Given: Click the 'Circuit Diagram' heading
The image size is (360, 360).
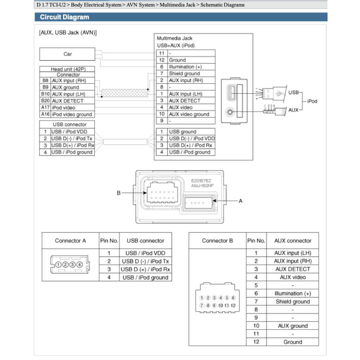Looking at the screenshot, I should (64, 17).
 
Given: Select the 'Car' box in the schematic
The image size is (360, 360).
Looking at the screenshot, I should (67, 54).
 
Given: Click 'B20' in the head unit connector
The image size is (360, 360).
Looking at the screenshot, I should (45, 101).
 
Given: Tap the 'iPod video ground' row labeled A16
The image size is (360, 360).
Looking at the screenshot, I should (72, 114).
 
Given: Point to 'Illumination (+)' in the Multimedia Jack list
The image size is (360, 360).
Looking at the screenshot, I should (186, 67).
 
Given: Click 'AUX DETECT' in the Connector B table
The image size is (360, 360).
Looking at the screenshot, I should (293, 269).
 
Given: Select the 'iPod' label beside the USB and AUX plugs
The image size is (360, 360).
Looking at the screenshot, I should (312, 101).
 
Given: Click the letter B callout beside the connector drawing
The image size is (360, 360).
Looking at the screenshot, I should (119, 193).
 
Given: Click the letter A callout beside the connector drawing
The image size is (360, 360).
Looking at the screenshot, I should (241, 201).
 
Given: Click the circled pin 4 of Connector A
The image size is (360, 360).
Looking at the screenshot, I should (80, 264).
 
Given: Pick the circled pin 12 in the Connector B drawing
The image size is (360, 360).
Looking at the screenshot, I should (233, 305).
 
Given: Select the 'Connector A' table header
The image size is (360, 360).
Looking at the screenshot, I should (70, 241).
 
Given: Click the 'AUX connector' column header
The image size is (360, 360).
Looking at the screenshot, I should (293, 241).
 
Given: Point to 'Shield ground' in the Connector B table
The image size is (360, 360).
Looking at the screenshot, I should (293, 301).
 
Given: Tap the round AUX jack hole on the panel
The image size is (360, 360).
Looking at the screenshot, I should (230, 113).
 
